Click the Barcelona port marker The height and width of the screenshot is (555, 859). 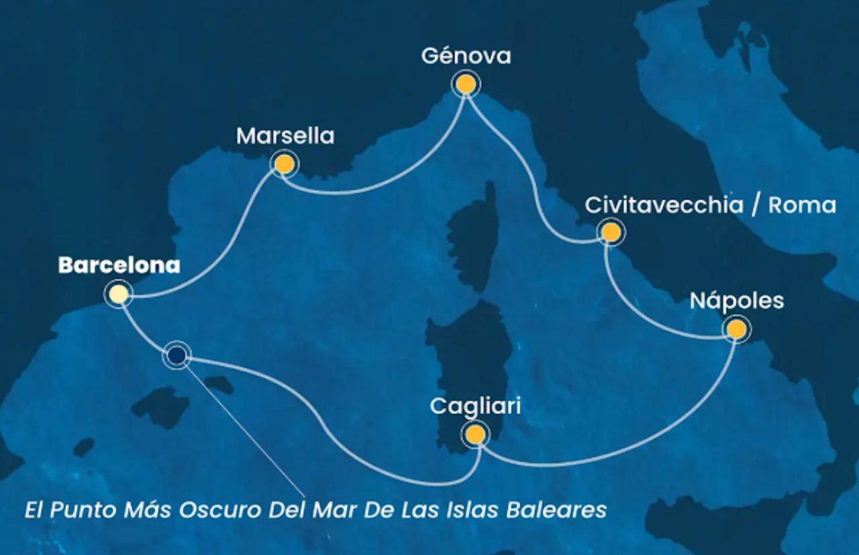click(x=118, y=294)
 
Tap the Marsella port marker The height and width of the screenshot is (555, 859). click(x=284, y=164)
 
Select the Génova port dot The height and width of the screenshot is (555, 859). click(x=466, y=85)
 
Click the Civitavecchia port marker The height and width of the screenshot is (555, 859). click(x=611, y=232)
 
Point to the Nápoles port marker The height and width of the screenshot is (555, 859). click(x=736, y=329)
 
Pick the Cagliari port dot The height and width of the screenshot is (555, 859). click(x=475, y=435)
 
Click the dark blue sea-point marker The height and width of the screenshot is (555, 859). click(x=177, y=355)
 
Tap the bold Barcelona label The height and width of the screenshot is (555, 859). click(x=119, y=265)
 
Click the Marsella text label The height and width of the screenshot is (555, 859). click(x=285, y=136)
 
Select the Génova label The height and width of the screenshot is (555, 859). click(x=466, y=56)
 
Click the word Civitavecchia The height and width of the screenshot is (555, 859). click(x=664, y=205)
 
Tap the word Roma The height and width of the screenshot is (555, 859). click(x=803, y=205)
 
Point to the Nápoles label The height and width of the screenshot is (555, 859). click(x=737, y=301)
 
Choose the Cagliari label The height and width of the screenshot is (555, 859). click(x=475, y=407)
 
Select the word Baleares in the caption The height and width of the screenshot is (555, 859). click(x=562, y=510)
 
